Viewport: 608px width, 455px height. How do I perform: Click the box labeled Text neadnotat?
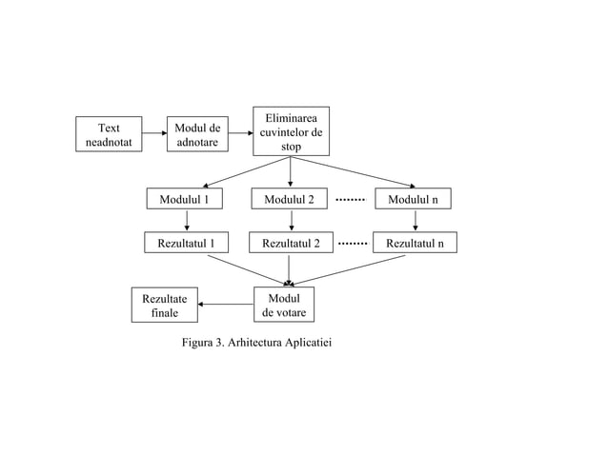pos(109,134)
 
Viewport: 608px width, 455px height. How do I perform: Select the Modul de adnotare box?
pos(197,134)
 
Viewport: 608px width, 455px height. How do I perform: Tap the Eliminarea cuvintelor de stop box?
pos(291,131)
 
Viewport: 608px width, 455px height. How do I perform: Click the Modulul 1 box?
pos(185,199)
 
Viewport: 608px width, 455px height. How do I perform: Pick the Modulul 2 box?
pos(289,199)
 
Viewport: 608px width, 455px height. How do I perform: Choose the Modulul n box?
pos(413,199)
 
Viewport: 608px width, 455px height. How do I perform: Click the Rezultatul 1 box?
pos(186,244)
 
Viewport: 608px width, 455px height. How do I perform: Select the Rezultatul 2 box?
pos(290,244)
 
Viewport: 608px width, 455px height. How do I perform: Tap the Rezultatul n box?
pos(415,244)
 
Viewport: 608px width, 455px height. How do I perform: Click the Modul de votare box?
pos(283,305)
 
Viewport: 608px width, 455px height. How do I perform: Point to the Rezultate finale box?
pos(165,305)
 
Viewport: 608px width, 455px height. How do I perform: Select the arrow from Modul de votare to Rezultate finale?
pos(226,305)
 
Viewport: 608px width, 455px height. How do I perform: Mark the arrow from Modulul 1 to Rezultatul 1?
pos(186,221)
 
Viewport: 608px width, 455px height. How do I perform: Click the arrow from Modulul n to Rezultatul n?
pos(415,221)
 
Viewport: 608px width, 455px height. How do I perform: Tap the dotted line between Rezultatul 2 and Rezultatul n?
pos(353,244)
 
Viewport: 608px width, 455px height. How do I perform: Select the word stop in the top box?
pos(291,148)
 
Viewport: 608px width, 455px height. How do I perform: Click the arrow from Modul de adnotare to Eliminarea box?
pos(240,134)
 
